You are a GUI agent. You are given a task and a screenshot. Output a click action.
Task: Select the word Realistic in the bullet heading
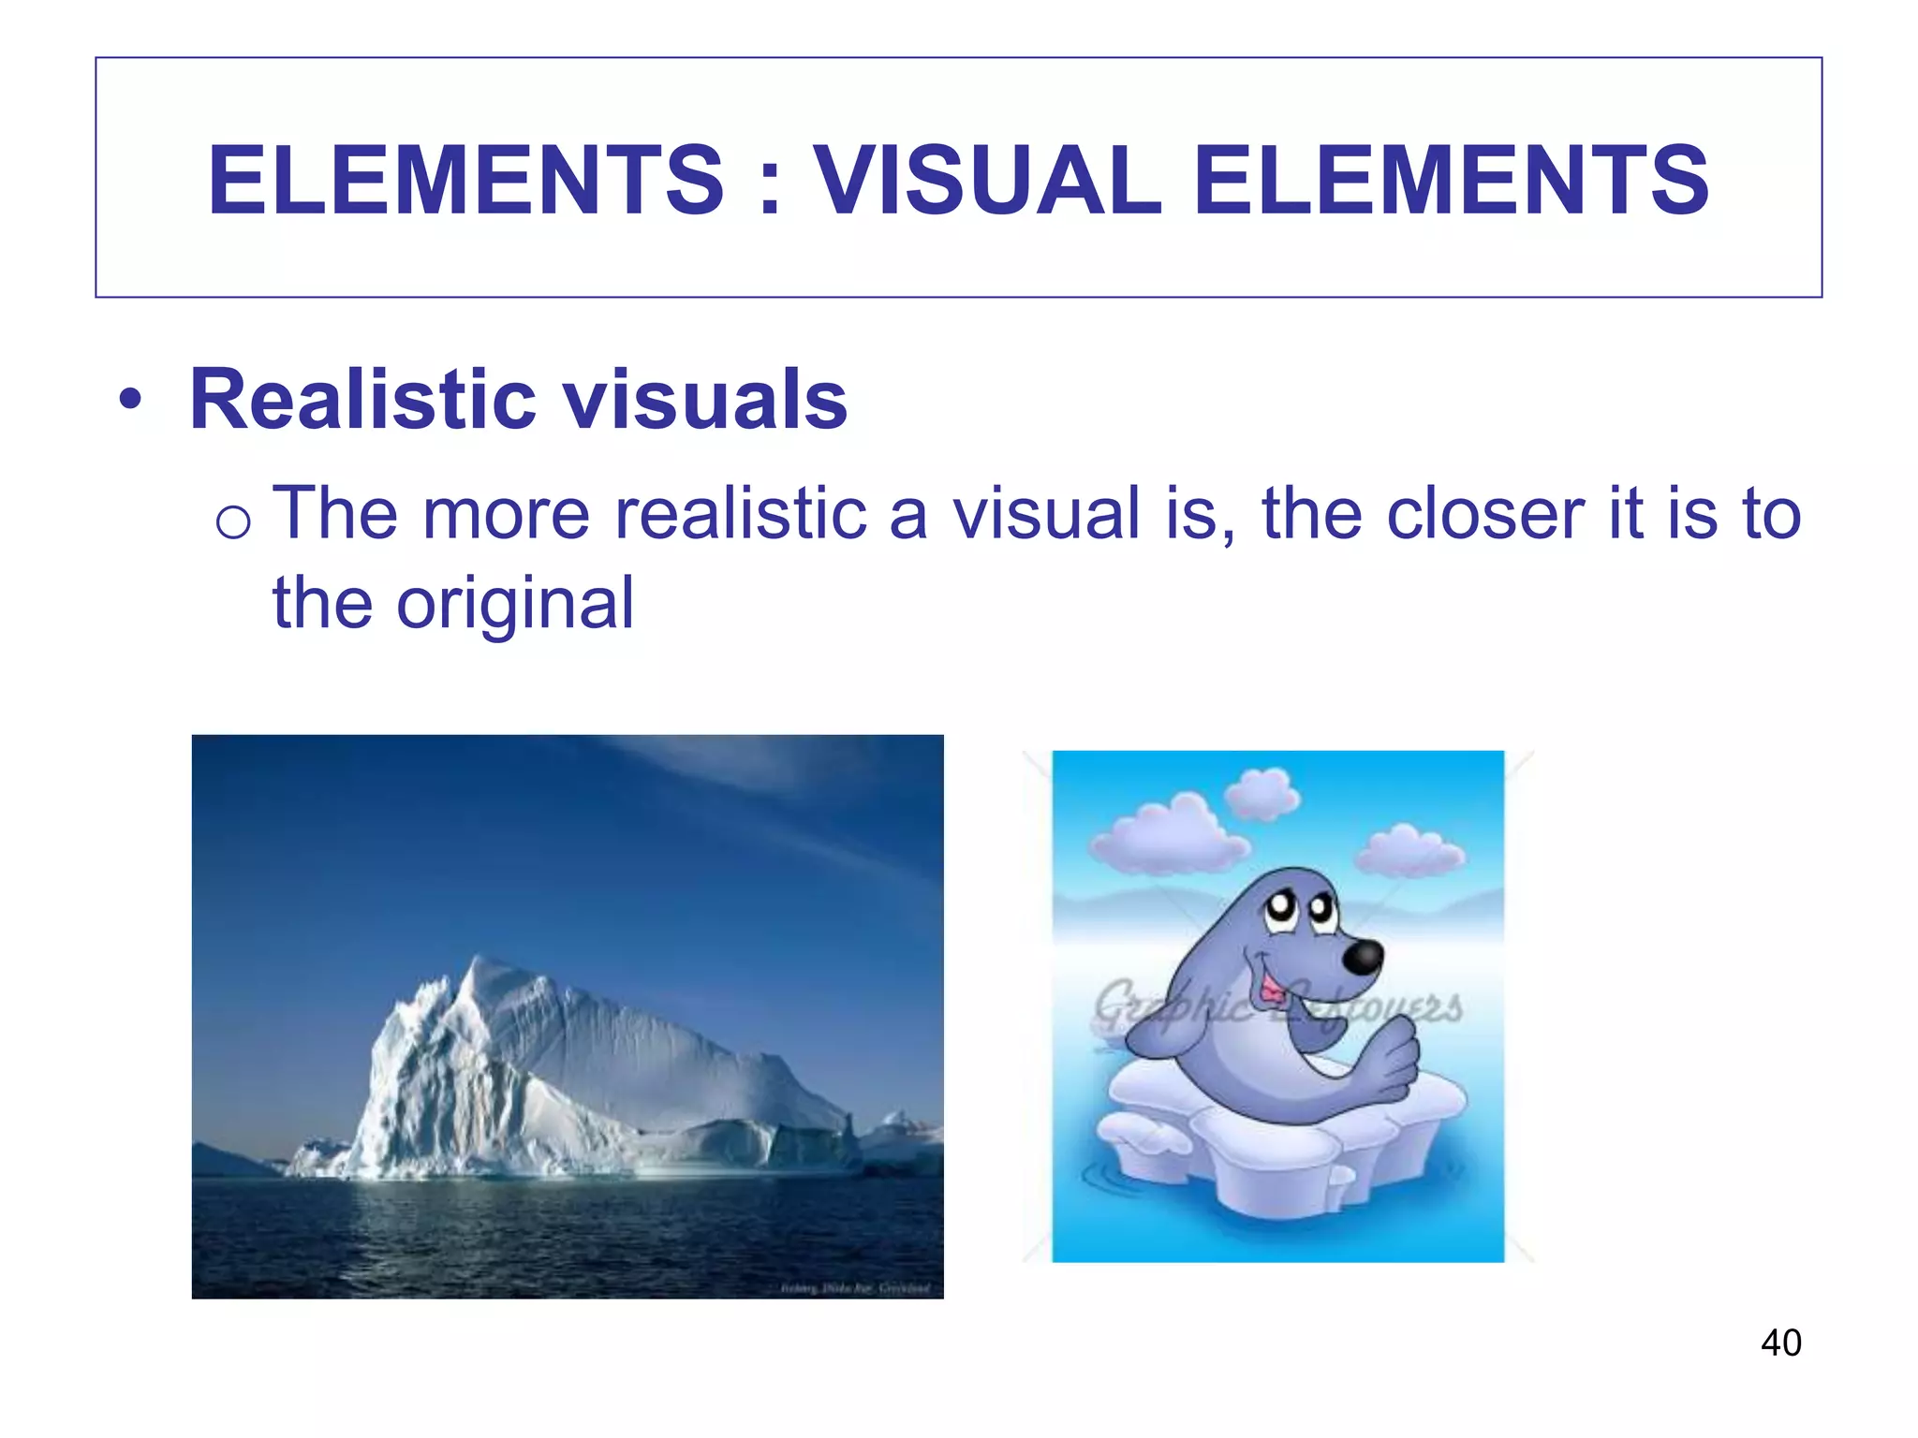[x=361, y=400]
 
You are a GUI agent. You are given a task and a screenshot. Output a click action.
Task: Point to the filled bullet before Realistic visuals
[x=131, y=402]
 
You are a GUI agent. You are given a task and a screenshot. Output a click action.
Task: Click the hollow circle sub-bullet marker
[x=232, y=521]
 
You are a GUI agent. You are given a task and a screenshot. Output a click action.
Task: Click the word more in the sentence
[x=506, y=514]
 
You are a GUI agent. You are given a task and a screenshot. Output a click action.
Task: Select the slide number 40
[x=1780, y=1343]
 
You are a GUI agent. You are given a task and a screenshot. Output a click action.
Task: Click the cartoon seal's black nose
[x=1362, y=956]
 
